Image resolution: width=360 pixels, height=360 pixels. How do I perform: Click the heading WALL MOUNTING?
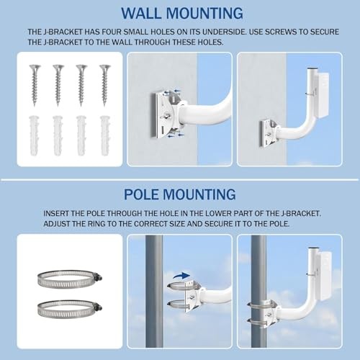click(x=180, y=14)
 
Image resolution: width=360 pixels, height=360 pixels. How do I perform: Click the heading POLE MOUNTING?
click(x=180, y=194)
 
